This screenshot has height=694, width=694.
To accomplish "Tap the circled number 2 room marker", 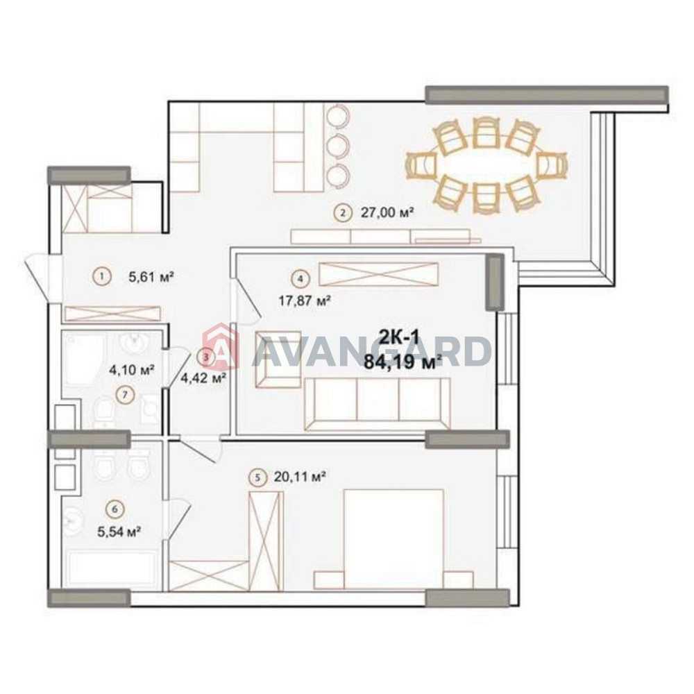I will tap(341, 213).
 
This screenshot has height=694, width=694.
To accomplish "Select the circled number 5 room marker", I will tap(257, 477).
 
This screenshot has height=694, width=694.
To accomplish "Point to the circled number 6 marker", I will tap(115, 509).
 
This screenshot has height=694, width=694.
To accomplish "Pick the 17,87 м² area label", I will tap(303, 301).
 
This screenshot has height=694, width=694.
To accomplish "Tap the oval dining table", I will tap(486, 165).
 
